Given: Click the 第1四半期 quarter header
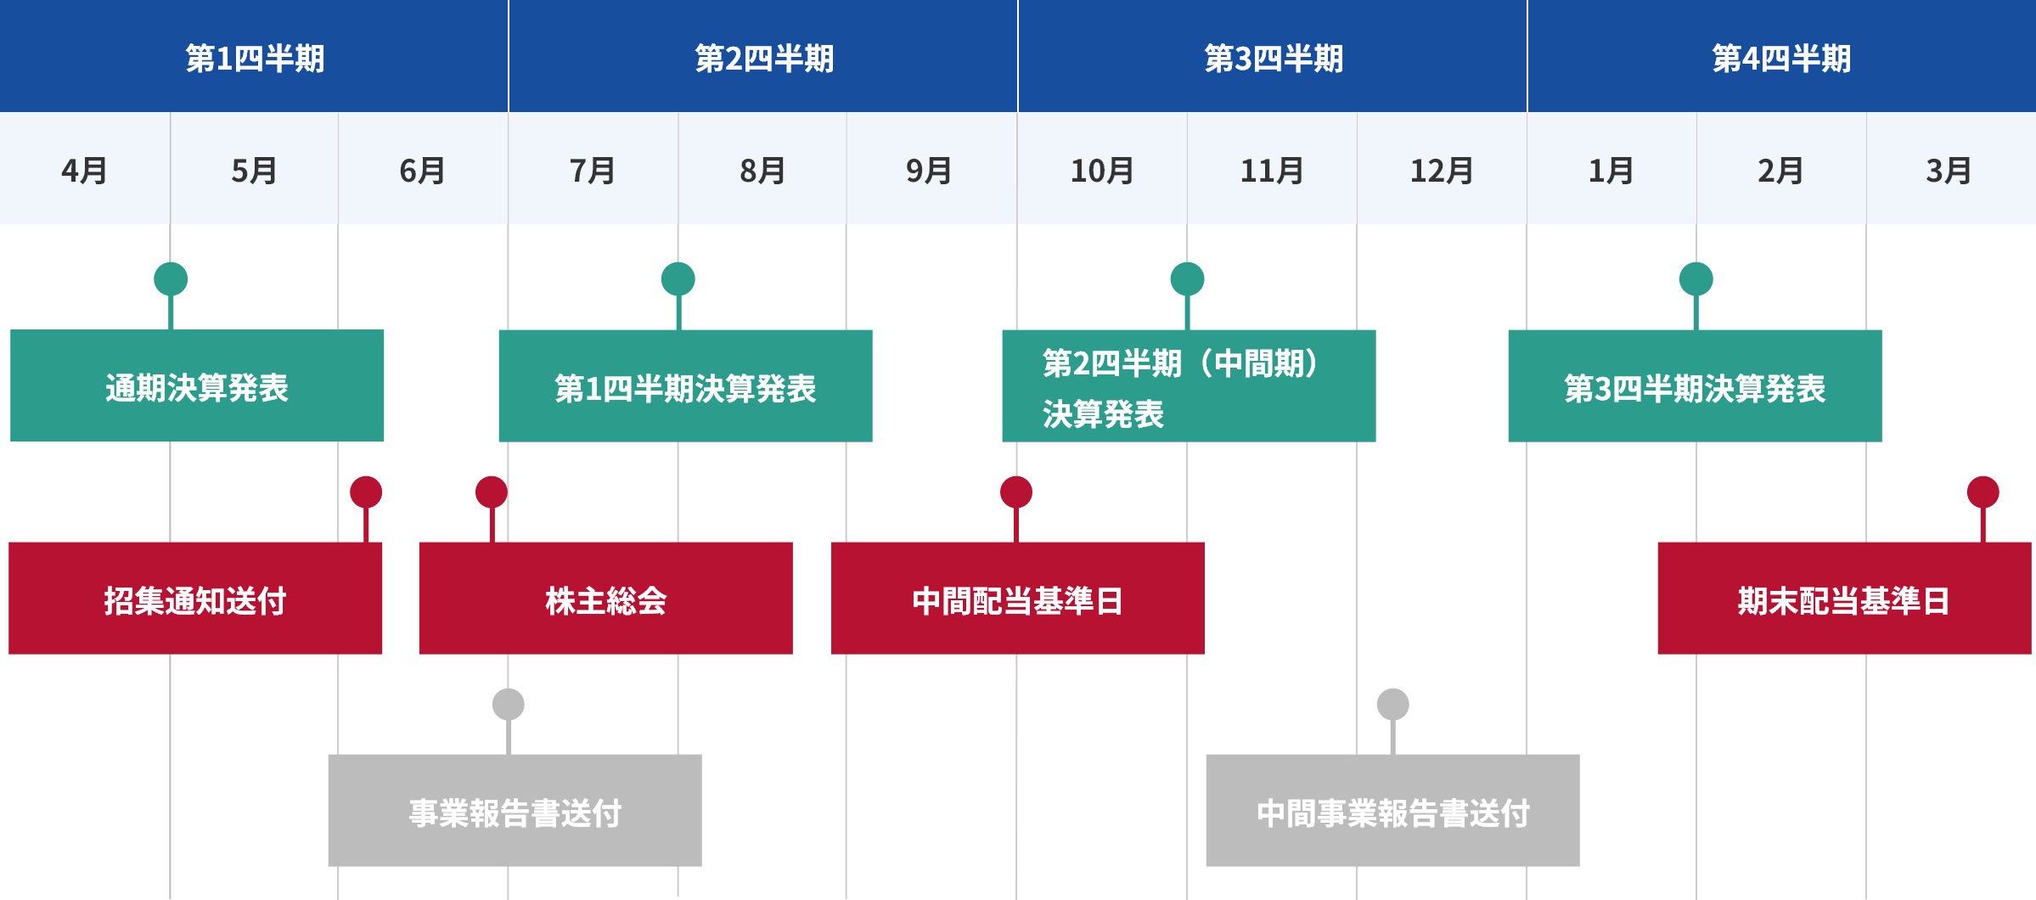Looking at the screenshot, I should pyautogui.click(x=255, y=58).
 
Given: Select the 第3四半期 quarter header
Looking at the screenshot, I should pyautogui.click(x=1274, y=58).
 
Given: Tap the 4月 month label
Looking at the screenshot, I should pyautogui.click(x=84, y=171).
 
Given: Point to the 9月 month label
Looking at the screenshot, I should pyautogui.click(x=929, y=171).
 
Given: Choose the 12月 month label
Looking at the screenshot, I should pyautogui.click(x=1441, y=171).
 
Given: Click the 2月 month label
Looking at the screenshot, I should pyautogui.click(x=1780, y=171).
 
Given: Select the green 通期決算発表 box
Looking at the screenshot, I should pyautogui.click(x=197, y=386).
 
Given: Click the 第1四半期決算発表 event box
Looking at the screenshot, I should pyautogui.click(x=685, y=386).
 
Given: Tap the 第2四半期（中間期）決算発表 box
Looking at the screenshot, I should pyautogui.click(x=1189, y=386).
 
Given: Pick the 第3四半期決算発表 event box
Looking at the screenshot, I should pyautogui.click(x=1695, y=386).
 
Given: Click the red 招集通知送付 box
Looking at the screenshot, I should pyautogui.click(x=195, y=599).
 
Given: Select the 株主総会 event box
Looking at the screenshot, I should pyautogui.click(x=605, y=599).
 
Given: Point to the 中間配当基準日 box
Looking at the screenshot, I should pyautogui.click(x=1018, y=599).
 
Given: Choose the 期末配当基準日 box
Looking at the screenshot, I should pyautogui.click(x=1844, y=599).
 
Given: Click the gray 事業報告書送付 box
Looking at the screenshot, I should pyautogui.click(x=515, y=811).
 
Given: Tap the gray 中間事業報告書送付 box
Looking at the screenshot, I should pyautogui.click(x=1392, y=811).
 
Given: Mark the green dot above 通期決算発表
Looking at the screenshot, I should pyautogui.click(x=171, y=278).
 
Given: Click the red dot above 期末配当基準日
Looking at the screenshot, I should pyautogui.click(x=1983, y=492).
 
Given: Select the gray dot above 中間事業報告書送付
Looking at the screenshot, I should pyautogui.click(x=1392, y=704).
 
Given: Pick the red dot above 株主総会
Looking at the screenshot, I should pyautogui.click(x=492, y=492).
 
